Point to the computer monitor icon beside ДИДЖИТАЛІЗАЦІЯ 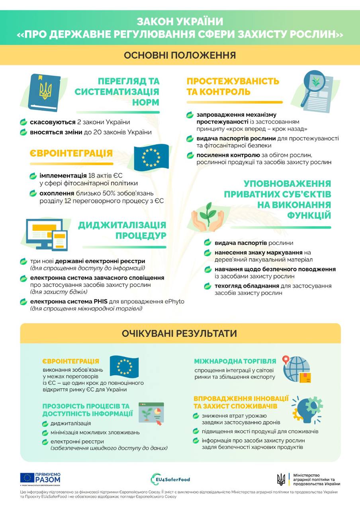pyautogui.click(x=42, y=233)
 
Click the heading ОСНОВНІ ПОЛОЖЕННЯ pyautogui.click(x=180, y=55)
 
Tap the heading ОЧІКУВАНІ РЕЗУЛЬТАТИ pyautogui.click(x=180, y=333)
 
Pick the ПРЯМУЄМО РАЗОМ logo pyautogui.click(x=41, y=479)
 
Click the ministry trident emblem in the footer pyautogui.click(x=281, y=479)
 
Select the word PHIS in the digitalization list pyautogui.click(x=109, y=301)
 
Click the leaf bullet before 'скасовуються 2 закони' pyautogui.click(x=24, y=122)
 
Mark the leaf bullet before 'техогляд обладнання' pyautogui.click(x=207, y=286)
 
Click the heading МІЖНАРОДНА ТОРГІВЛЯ pyautogui.click(x=235, y=361)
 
